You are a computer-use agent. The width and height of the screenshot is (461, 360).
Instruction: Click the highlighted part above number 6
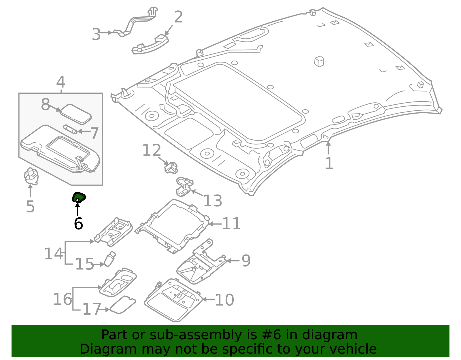pyautogui.click(x=79, y=197)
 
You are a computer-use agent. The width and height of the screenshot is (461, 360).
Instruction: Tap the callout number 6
pyautogui.click(x=78, y=224)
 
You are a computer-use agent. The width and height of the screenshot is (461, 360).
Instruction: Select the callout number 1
pyautogui.click(x=329, y=163)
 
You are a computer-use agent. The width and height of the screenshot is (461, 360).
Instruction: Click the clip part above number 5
pyautogui.click(x=31, y=176)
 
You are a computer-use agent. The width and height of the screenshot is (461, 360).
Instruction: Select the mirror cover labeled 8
pyautogui.click(x=76, y=114)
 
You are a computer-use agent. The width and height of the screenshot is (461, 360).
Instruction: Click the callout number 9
pyautogui.click(x=246, y=261)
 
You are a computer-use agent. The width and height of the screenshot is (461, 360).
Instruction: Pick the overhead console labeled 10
pyautogui.click(x=173, y=300)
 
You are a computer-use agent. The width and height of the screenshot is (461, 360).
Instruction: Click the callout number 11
pyautogui.click(x=231, y=223)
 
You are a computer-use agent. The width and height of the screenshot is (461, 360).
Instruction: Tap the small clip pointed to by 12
pyautogui.click(x=171, y=167)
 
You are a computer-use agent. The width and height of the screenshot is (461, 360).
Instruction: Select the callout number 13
pyautogui.click(x=213, y=201)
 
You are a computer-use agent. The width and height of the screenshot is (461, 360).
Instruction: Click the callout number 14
pyautogui.click(x=54, y=254)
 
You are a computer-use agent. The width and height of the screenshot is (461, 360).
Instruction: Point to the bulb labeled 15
pyautogui.click(x=110, y=259)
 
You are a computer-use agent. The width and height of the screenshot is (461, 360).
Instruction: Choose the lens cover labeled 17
pyautogui.click(x=123, y=305)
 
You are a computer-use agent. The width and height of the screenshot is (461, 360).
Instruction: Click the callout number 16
pyautogui.click(x=62, y=299)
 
